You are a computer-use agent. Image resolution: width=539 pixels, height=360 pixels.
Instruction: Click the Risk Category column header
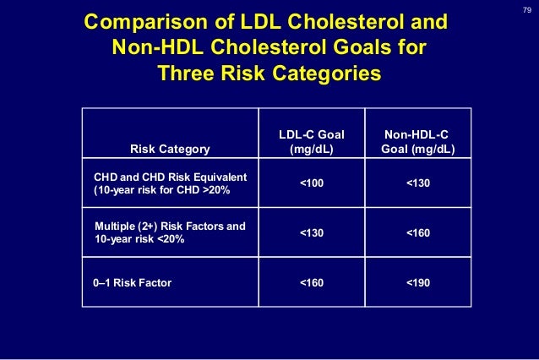(169, 150)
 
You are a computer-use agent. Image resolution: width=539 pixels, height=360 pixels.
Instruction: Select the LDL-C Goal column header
(311, 142)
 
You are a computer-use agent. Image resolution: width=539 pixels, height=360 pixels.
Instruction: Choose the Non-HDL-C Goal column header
(417, 142)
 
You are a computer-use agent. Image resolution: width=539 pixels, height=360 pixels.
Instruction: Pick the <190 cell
(417, 281)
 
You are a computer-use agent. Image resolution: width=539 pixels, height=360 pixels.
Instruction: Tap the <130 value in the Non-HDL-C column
(417, 183)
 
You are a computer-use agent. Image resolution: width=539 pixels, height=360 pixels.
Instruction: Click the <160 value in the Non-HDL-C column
(417, 232)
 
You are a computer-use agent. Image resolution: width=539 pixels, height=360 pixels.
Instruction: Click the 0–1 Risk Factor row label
(132, 282)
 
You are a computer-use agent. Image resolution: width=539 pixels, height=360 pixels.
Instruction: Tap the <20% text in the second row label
(168, 240)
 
